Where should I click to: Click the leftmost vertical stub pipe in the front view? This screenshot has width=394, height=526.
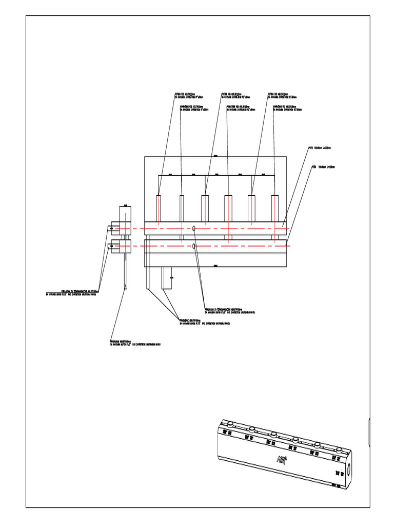click(x=159, y=209)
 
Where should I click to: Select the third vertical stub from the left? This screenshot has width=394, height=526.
click(x=205, y=209)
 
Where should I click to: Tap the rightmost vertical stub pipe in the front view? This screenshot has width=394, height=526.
click(x=275, y=209)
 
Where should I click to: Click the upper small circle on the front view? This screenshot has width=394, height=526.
click(x=194, y=228)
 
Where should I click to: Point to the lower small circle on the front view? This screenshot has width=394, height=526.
click(x=194, y=247)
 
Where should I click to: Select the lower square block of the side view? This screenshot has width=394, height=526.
click(x=126, y=247)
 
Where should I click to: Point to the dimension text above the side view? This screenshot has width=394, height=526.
click(x=126, y=203)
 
